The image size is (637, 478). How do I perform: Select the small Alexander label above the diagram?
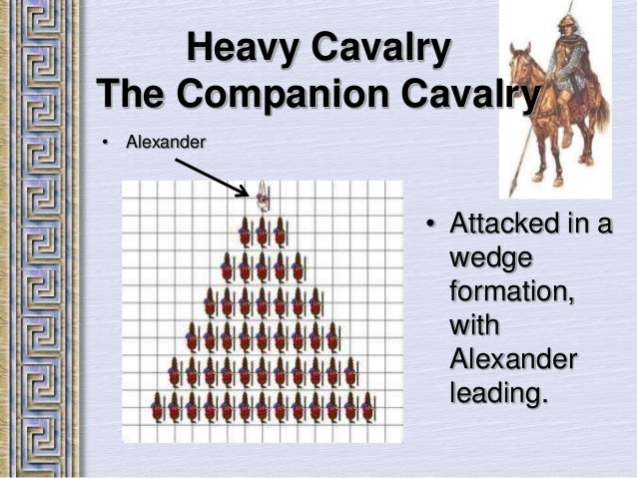click(165, 143)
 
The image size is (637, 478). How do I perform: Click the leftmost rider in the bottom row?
click(156, 408)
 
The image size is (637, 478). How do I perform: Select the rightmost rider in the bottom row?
click(367, 408)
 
